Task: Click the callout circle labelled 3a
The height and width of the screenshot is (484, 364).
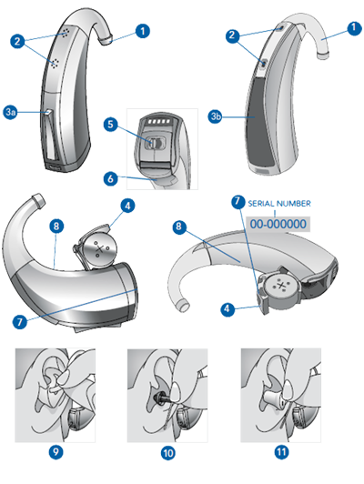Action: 11,111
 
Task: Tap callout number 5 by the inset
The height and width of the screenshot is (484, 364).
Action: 109,124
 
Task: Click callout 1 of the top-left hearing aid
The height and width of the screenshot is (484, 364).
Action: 143,30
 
